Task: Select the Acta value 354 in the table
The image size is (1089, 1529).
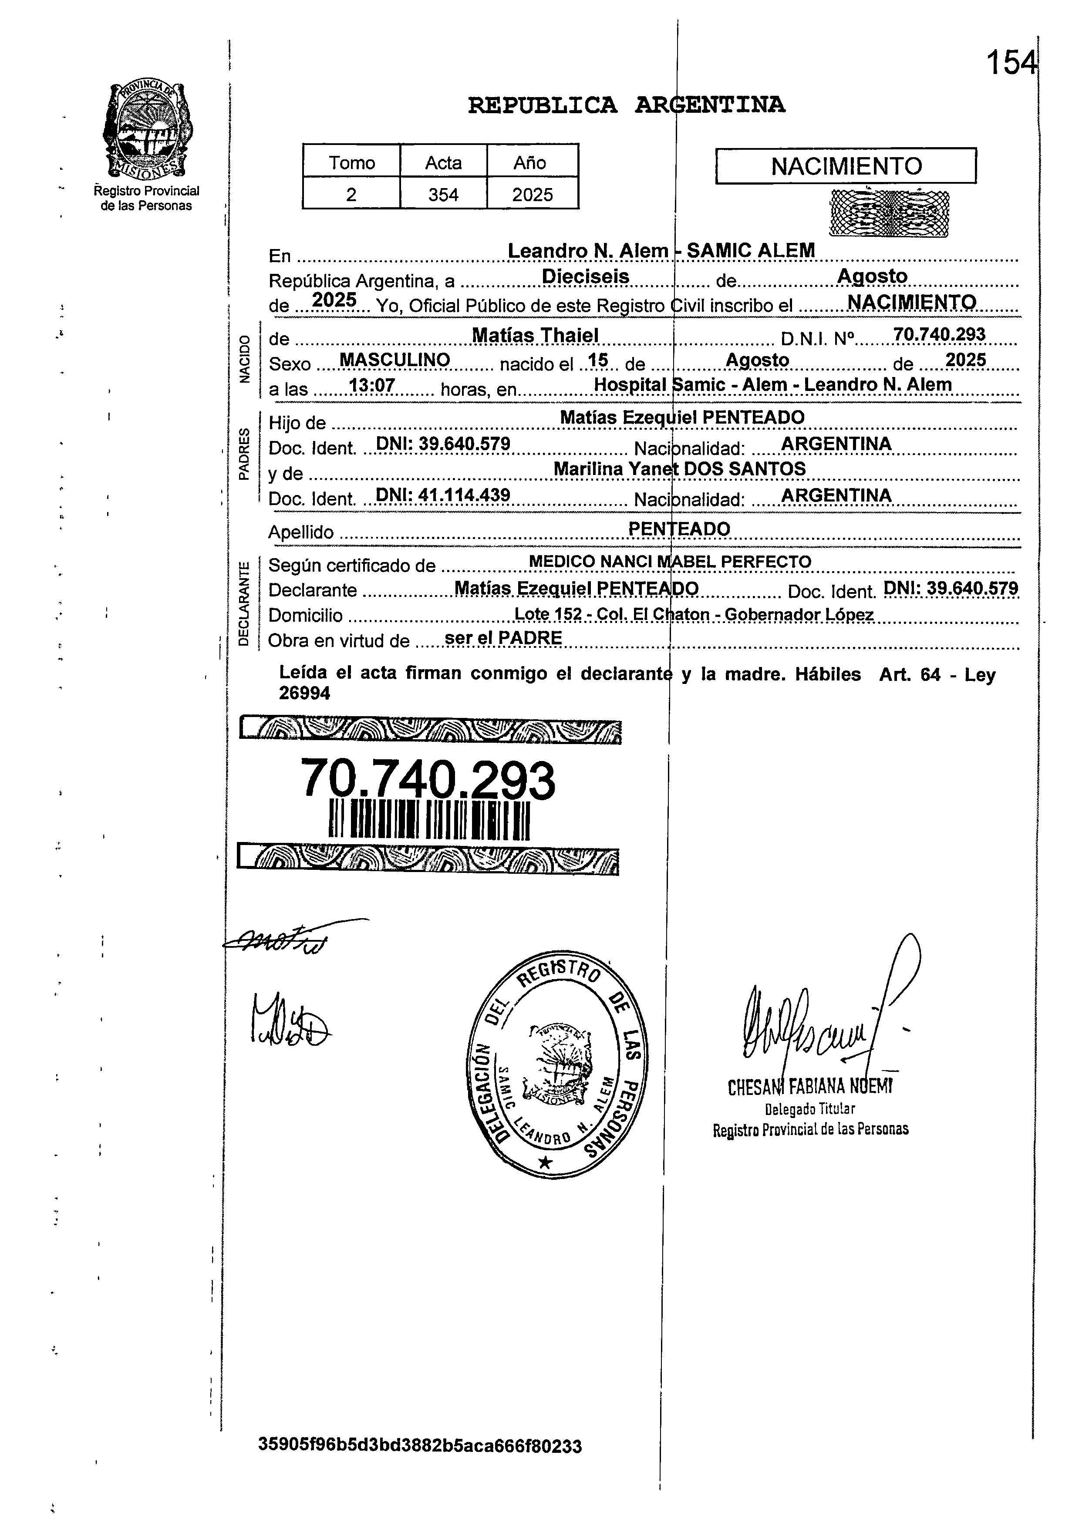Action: click(443, 195)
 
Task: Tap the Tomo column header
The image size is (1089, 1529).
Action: click(351, 162)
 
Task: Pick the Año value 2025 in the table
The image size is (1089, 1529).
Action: click(533, 195)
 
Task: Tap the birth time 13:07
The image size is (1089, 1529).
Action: click(371, 385)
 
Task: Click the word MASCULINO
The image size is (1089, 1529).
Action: click(394, 360)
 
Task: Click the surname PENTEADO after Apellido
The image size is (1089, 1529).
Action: click(679, 529)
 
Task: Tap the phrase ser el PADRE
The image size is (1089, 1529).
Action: click(503, 637)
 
